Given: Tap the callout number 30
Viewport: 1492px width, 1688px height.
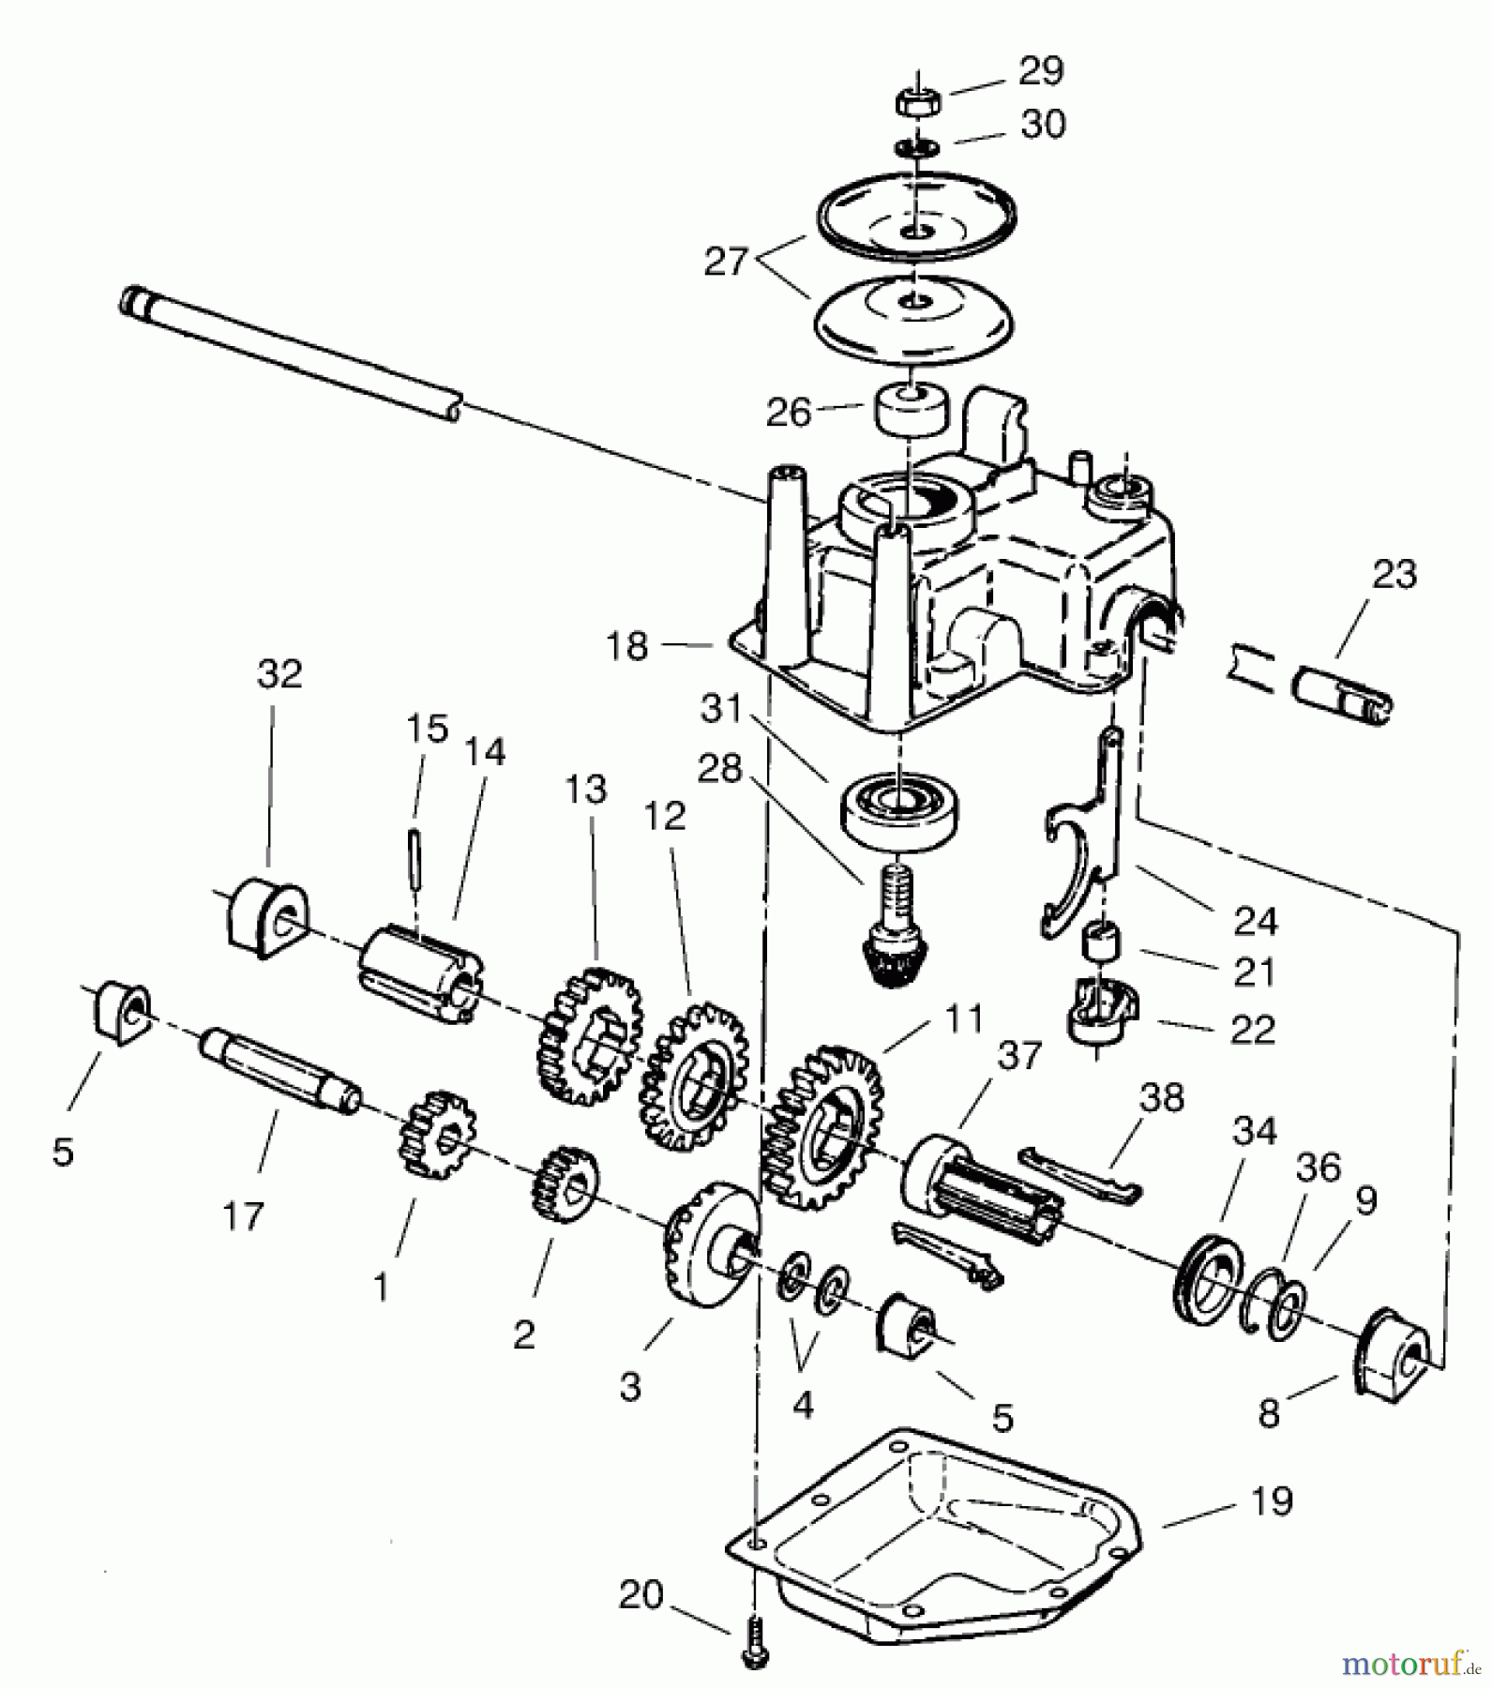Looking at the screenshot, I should pyautogui.click(x=1043, y=125).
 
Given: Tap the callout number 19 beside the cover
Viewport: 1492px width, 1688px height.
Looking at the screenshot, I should pyautogui.click(x=1271, y=1501).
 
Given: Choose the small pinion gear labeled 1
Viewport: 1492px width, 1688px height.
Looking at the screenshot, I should pyautogui.click(x=436, y=1134).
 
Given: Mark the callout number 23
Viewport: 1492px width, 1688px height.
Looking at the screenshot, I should pyautogui.click(x=1394, y=574).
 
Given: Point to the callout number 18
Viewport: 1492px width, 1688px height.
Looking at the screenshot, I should pyautogui.click(x=626, y=645).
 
